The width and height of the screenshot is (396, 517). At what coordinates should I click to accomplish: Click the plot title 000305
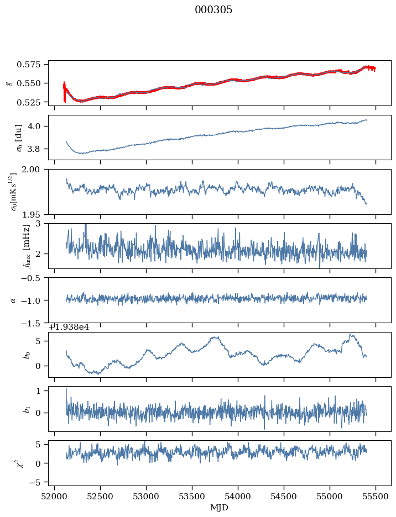(x=213, y=10)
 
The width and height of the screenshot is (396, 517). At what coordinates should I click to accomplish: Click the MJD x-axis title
(x=220, y=507)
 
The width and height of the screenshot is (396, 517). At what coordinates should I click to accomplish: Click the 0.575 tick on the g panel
(x=34, y=64)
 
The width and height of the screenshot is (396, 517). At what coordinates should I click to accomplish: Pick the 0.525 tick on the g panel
(x=34, y=102)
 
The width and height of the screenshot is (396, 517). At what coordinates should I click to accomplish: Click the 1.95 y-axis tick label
(x=35, y=214)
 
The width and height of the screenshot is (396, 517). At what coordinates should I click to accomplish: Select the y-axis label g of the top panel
(x=8, y=83)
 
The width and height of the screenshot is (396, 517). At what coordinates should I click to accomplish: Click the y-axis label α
(x=13, y=300)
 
